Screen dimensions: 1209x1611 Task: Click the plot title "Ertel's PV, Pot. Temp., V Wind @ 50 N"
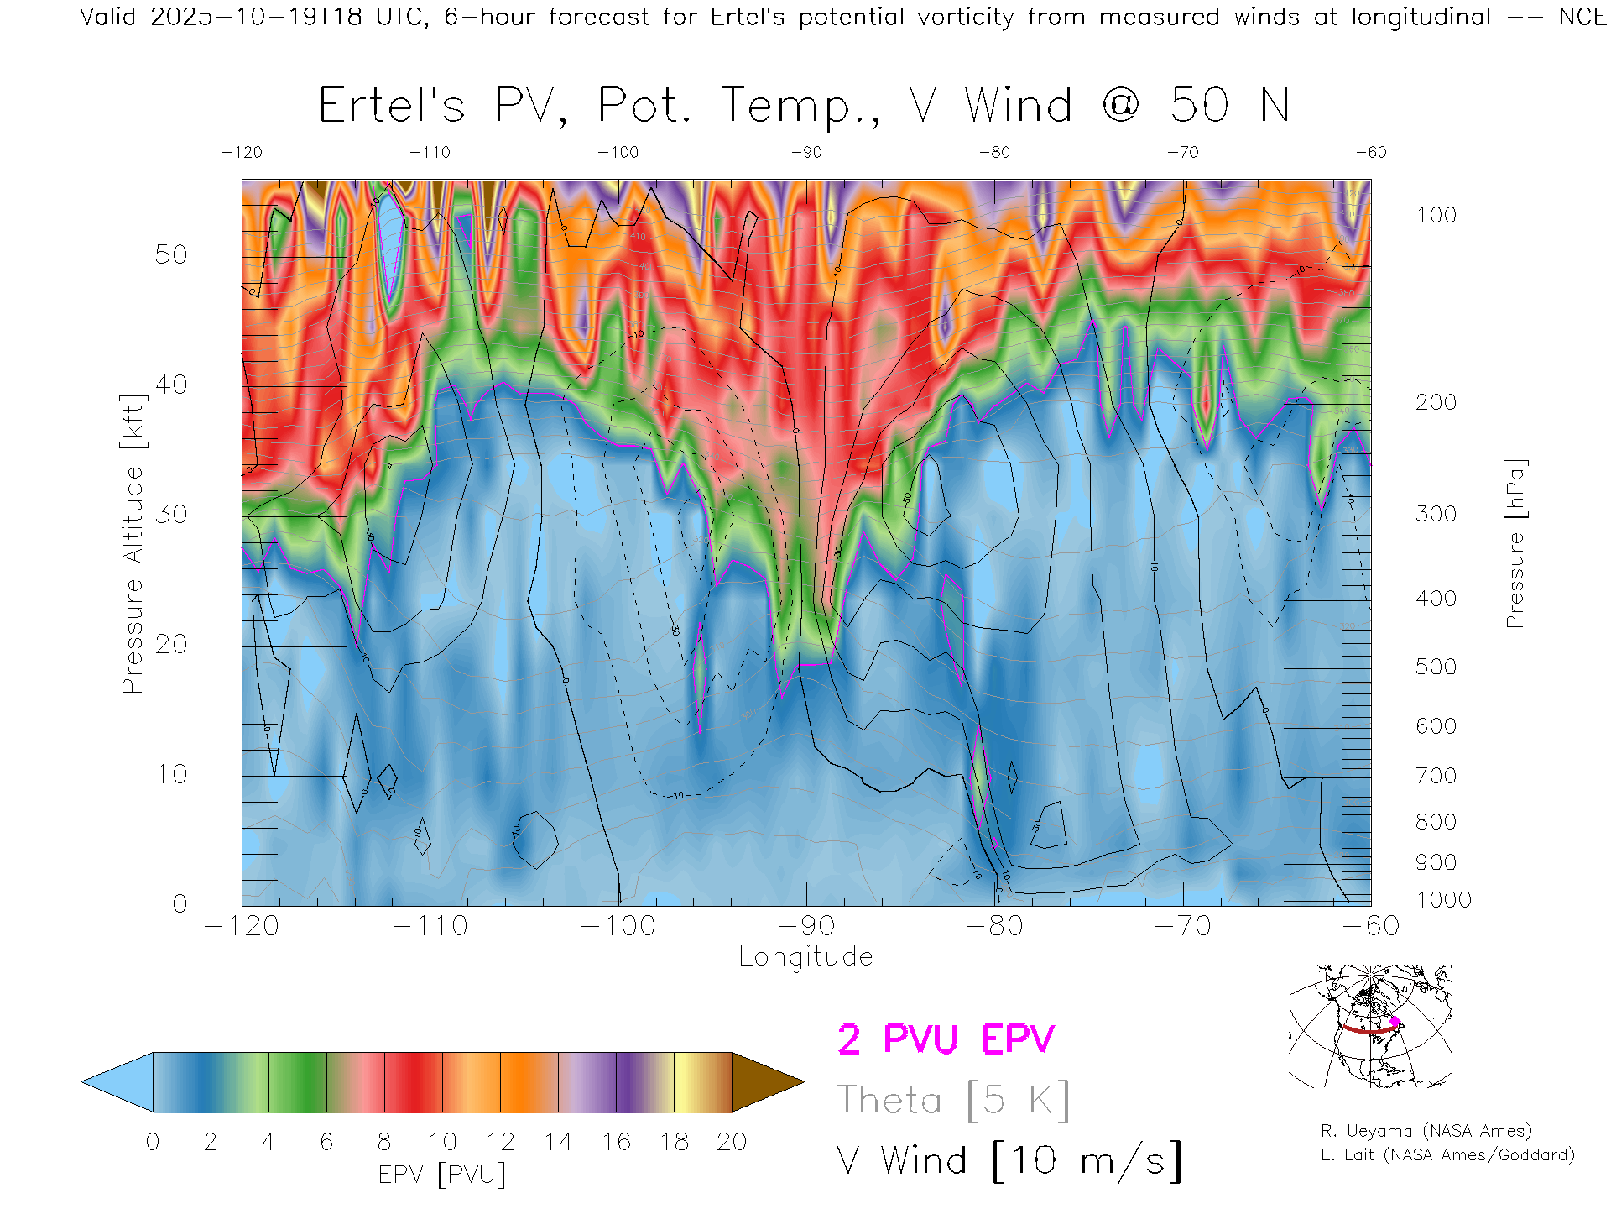point(803,107)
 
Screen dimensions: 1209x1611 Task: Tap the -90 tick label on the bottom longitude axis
point(806,926)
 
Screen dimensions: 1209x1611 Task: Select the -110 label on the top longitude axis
point(430,153)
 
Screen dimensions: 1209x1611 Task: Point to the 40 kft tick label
point(171,385)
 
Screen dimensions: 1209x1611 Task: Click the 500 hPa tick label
point(1436,667)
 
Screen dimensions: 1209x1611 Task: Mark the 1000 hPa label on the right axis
point(1443,900)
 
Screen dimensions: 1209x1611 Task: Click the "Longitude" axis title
point(805,957)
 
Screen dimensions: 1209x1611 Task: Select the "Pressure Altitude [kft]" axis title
point(133,543)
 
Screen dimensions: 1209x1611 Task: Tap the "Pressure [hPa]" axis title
point(1515,543)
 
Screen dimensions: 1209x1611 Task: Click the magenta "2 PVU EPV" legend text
point(946,1039)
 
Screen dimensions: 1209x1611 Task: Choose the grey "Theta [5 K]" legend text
point(953,1100)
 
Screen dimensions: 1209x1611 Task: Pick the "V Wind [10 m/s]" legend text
point(1009,1161)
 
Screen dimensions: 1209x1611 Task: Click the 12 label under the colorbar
point(500,1142)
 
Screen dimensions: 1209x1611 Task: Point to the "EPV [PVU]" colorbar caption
point(442,1175)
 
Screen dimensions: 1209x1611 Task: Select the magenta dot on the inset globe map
point(1395,1022)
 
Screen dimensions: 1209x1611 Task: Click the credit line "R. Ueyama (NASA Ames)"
point(1426,1131)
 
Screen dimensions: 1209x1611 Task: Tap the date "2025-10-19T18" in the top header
point(256,17)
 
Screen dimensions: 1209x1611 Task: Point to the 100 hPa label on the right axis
point(1436,216)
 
